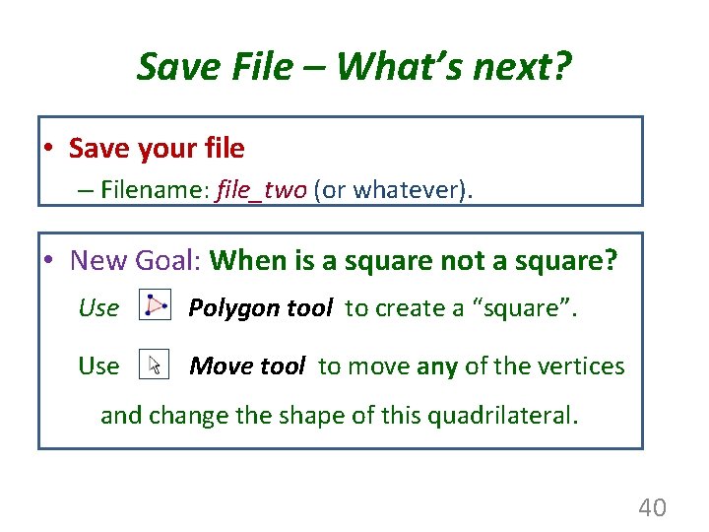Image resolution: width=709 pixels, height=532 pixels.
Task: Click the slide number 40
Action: pos(652,507)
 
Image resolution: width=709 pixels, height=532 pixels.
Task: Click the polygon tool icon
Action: pos(154,306)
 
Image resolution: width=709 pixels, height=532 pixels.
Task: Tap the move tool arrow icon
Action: pos(154,366)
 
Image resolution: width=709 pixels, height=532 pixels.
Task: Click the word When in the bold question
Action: pos(245,260)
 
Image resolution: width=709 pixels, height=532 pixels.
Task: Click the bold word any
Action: pos(436,366)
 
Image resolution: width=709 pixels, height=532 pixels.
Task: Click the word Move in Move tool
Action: pos(218,366)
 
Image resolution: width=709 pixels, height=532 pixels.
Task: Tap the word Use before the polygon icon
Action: pos(98,308)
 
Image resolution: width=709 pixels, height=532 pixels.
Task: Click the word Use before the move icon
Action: pos(98,366)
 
